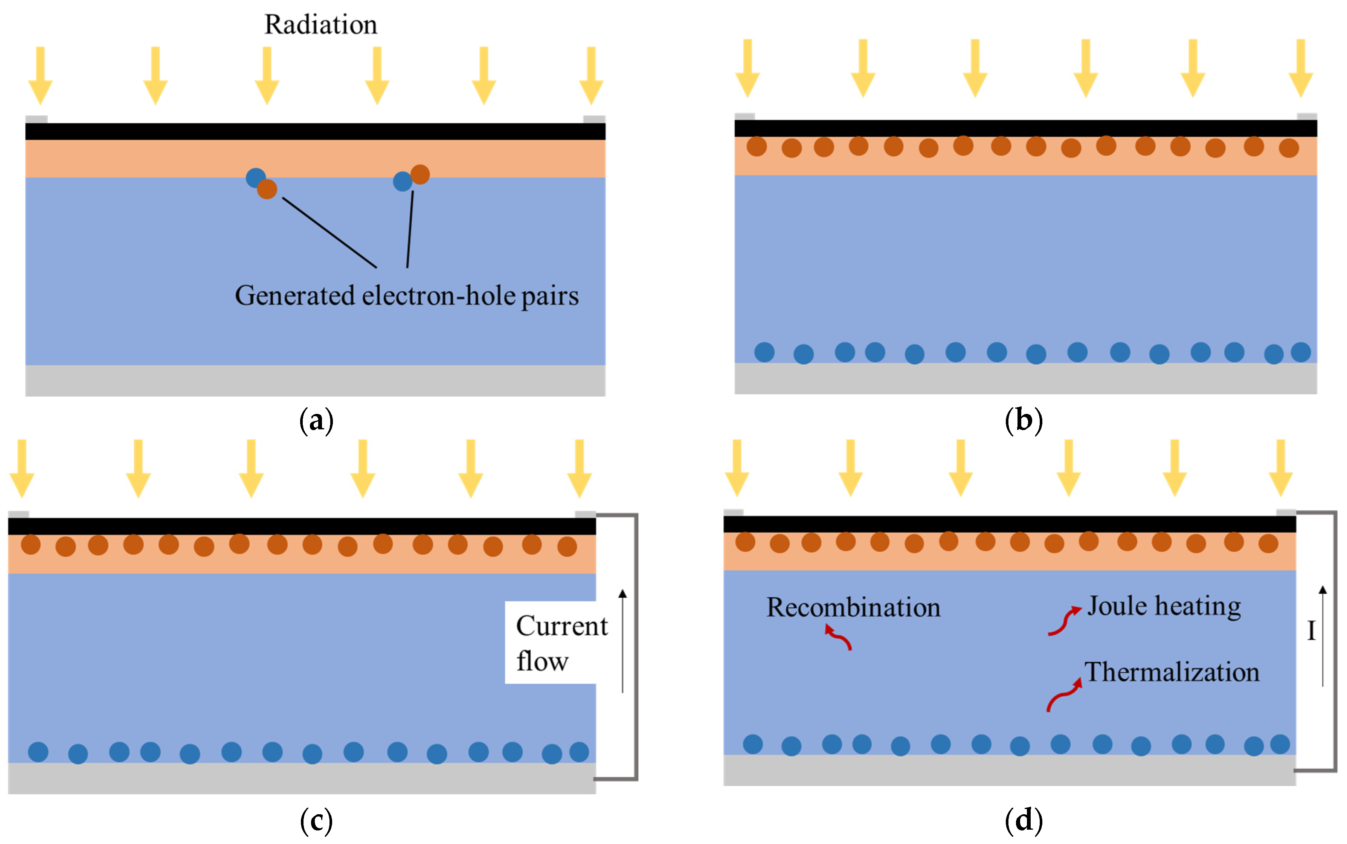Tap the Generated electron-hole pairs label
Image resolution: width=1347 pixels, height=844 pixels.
tap(406, 296)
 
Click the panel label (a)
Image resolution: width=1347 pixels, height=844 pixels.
tap(316, 420)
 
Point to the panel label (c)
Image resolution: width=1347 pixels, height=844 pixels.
tap(316, 821)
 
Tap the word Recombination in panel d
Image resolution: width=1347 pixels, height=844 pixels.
tap(853, 608)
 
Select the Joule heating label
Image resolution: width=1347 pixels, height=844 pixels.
tap(1163, 607)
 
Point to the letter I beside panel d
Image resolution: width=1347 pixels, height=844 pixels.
tap(1311, 631)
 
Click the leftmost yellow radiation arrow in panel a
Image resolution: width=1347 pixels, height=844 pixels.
tap(40, 75)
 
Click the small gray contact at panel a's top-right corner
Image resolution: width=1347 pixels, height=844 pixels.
tap(594, 119)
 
